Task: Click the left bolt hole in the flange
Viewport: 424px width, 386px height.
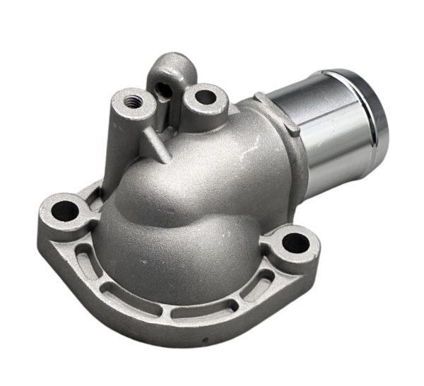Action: click(x=66, y=209)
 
